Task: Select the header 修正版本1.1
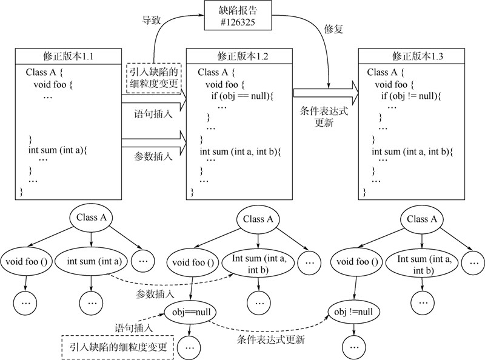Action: click(72, 56)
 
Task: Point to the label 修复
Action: click(335, 28)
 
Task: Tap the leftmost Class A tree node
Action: click(91, 216)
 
